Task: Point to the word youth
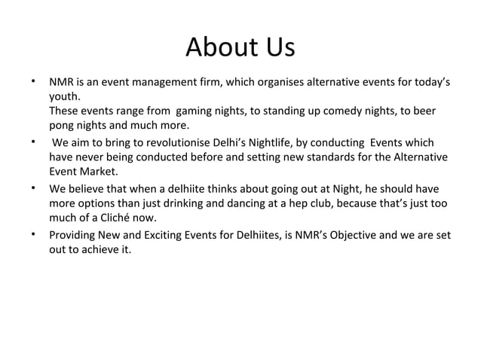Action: point(64,96)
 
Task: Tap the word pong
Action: point(63,125)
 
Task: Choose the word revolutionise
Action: point(161,142)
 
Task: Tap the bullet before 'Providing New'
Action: point(33,236)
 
